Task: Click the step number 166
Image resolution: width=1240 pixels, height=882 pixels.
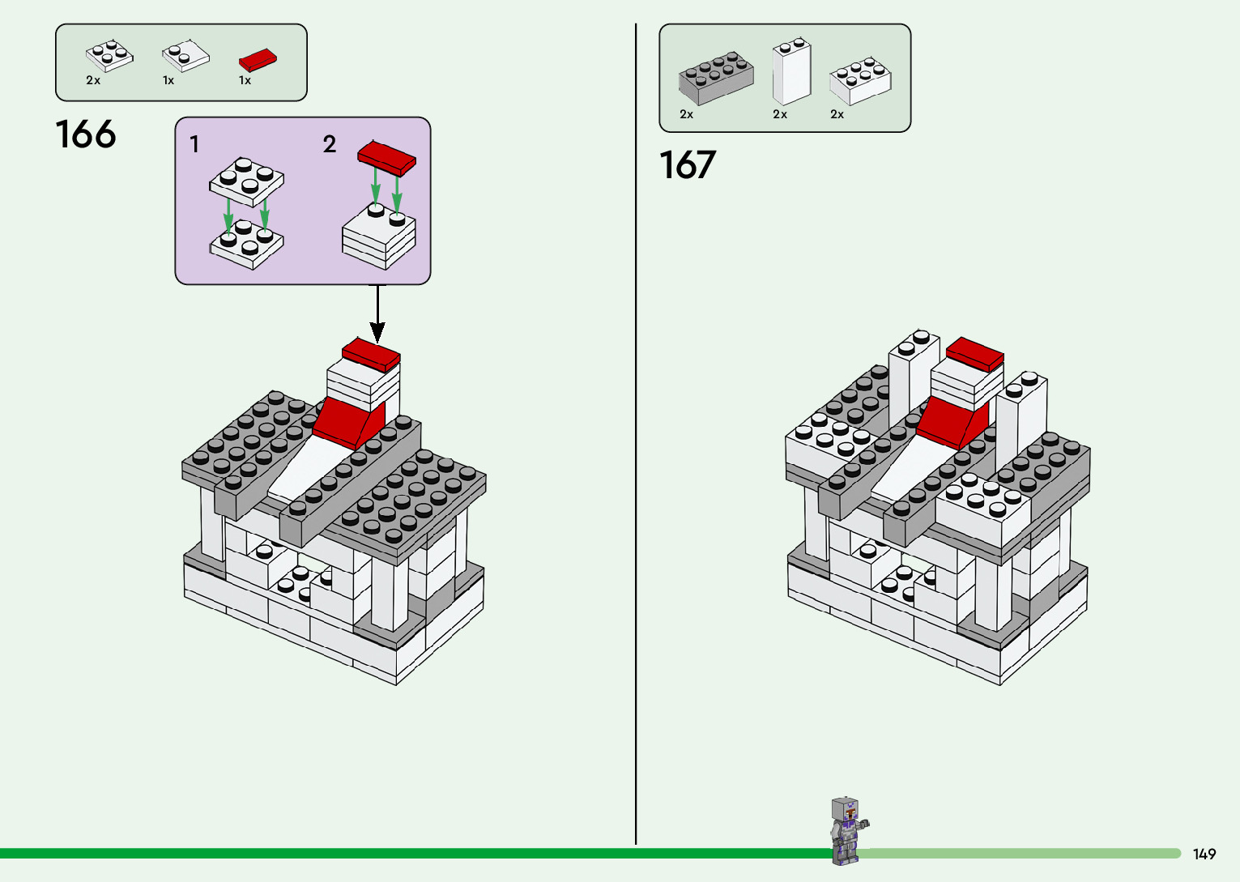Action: coord(86,134)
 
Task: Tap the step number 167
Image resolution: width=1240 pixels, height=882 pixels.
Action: coord(688,165)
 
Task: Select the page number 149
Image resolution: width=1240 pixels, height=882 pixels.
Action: coord(1204,854)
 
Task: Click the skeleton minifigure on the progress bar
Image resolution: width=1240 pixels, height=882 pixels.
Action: coord(846,830)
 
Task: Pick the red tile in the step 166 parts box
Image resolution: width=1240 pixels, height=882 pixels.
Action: coord(258,60)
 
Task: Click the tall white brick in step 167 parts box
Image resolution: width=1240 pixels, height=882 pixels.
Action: coord(791,71)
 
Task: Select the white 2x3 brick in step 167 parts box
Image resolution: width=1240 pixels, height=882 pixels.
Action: coord(860,81)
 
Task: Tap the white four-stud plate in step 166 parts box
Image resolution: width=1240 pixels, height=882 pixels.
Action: coord(109,56)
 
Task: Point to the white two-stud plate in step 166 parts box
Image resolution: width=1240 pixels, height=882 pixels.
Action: coord(185,56)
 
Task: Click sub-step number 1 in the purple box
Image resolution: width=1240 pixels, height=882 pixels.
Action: coord(194,144)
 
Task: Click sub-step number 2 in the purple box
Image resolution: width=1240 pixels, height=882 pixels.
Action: coord(329,144)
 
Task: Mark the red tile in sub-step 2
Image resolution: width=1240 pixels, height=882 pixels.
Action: coord(387,157)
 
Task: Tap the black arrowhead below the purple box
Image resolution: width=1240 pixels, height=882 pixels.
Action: coord(377,331)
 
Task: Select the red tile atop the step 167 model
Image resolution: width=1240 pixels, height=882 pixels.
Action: coord(975,354)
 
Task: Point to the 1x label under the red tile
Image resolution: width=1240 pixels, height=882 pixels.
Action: coord(245,81)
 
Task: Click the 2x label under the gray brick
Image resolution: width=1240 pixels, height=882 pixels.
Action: coord(687,115)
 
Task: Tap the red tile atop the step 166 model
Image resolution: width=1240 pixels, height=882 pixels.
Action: coord(371,355)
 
